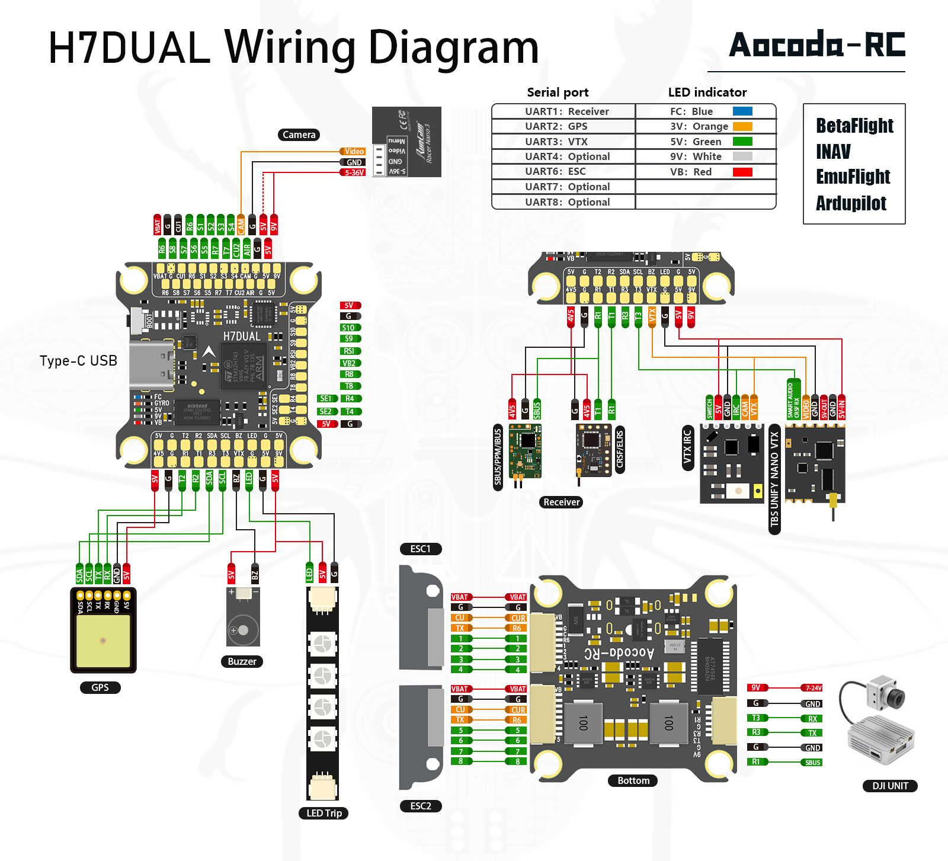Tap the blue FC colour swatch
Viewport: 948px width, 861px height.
[742, 111]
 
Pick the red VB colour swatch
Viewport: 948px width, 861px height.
[742, 172]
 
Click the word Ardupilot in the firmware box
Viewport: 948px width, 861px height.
[851, 203]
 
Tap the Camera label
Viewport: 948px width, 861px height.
[299, 135]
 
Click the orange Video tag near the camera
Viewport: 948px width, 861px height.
[353, 151]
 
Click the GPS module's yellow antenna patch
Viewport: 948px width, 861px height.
[103, 641]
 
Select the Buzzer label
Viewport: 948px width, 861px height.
[242, 661]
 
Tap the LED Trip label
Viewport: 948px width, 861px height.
[324, 813]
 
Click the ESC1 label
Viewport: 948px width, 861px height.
[421, 549]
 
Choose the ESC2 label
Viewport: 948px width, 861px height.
[421, 806]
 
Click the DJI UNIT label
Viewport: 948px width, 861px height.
[890, 786]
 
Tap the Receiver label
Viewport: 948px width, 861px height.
[561, 502]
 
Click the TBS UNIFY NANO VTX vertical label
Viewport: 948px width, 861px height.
[774, 479]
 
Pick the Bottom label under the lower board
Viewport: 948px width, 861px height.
[633, 780]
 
